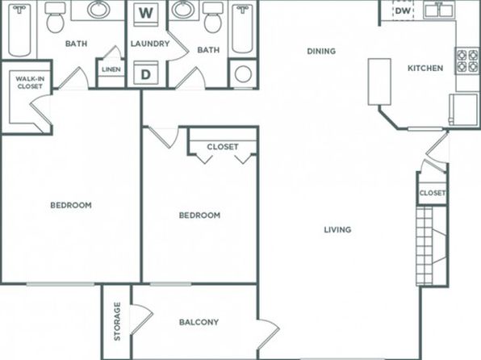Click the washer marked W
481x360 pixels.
(146, 14)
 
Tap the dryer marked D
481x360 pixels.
(146, 73)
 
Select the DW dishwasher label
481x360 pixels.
(403, 11)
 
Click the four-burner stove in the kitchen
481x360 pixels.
(467, 61)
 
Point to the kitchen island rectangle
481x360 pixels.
(379, 82)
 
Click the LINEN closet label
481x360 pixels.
(111, 69)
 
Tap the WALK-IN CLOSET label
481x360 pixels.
(30, 82)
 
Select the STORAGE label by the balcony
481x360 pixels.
(117, 321)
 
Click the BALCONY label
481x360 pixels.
(199, 322)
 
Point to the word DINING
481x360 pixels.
(321, 51)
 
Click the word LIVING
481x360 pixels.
(337, 229)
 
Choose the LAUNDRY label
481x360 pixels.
(150, 44)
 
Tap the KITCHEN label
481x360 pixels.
(425, 68)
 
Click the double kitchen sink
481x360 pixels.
(439, 10)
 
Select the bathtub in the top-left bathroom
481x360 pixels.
(19, 30)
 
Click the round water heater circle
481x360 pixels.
(243, 74)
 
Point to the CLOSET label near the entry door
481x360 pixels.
(433, 193)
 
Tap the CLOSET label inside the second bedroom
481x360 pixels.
(223, 147)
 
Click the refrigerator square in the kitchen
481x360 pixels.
(463, 109)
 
